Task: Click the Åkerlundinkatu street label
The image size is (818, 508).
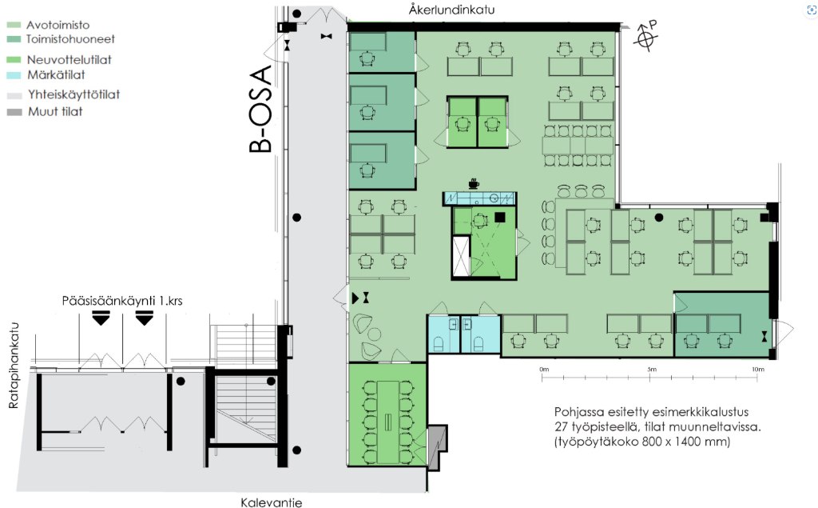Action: coord(452,10)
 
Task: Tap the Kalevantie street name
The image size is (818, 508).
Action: coord(272,502)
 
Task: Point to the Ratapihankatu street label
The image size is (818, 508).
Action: coord(14,365)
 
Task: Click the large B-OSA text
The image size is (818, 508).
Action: coord(261,108)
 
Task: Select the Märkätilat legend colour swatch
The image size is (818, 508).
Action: coord(14,75)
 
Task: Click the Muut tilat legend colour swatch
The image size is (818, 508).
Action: coord(14,112)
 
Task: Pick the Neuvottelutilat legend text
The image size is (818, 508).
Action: coord(69,59)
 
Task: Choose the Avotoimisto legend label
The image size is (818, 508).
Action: coord(58,25)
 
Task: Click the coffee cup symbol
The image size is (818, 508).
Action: coord(474,183)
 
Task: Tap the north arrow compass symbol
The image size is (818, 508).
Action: coord(645,36)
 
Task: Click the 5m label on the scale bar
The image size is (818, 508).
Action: coord(652,369)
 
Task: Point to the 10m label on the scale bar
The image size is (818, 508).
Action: coord(757,369)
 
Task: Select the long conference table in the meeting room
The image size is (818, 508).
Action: coord(388,422)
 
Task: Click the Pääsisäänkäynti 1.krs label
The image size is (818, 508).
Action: coord(122,301)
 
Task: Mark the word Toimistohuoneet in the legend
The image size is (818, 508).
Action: coord(70,39)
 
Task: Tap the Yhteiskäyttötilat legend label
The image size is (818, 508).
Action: coord(74,94)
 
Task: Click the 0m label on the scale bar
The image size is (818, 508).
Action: coord(544,369)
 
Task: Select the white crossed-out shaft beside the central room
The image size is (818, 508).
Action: coord(461,256)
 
